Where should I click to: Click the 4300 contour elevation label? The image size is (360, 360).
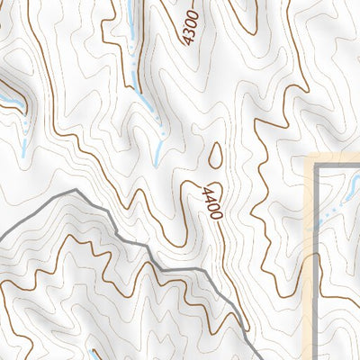pos(190,25)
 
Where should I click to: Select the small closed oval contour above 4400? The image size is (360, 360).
pos(216,157)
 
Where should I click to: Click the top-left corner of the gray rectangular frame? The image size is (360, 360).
pos(321,167)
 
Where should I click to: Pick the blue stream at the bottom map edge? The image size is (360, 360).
pos(95,354)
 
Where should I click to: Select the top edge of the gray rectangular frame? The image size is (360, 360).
pos(340,167)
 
